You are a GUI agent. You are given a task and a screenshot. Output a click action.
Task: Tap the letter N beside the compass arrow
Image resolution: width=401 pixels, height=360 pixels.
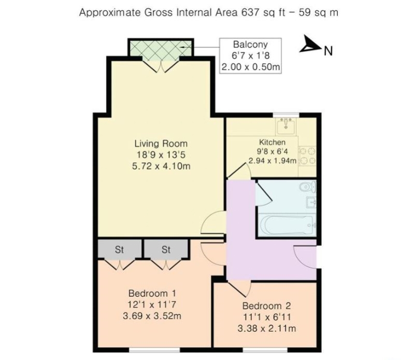[x=328, y=51]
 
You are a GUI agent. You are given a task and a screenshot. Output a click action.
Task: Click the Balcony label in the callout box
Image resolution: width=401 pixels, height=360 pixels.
[x=250, y=44]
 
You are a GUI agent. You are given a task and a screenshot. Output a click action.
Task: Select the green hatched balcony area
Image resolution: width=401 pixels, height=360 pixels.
[x=161, y=50]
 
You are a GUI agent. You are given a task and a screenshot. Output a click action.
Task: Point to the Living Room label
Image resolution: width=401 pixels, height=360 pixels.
[x=161, y=143]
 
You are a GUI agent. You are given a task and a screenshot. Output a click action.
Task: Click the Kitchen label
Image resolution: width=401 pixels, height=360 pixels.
[x=272, y=142]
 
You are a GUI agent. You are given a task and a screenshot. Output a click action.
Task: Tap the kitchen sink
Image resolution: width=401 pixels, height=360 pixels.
[x=286, y=126]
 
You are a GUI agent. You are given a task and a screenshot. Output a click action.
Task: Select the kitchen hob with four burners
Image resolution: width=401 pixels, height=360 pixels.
[x=307, y=156]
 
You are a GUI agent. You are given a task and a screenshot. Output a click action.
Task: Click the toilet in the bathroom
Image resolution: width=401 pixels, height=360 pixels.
[x=308, y=187]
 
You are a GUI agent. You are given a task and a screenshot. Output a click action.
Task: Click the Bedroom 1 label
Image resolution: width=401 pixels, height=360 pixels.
[x=152, y=293]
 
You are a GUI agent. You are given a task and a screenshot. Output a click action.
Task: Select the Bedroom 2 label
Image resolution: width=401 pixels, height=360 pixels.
[x=266, y=306]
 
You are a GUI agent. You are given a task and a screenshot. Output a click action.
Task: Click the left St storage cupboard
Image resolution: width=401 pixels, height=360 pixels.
[x=120, y=249]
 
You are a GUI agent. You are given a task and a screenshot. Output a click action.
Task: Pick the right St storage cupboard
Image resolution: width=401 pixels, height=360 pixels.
[x=166, y=249]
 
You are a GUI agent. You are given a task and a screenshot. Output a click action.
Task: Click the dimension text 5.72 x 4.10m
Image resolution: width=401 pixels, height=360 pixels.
[x=161, y=166]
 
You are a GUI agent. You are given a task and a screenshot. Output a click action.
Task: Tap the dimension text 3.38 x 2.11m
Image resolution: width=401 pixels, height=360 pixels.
[x=267, y=328]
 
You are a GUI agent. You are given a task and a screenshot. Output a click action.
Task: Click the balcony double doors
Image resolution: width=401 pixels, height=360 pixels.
[x=161, y=65]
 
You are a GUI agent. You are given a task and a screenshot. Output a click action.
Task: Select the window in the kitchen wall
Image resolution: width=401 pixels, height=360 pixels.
[x=286, y=115]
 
